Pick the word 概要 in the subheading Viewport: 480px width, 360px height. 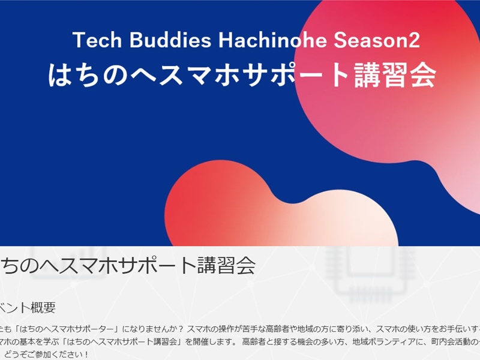43,308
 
